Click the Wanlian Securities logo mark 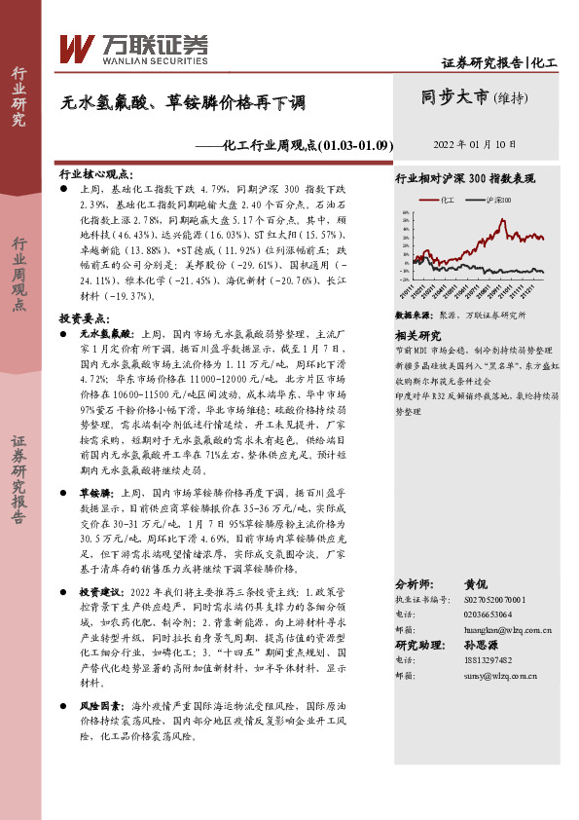click(x=76, y=48)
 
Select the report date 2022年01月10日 click(x=474, y=143)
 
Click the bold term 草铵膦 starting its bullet click(x=94, y=494)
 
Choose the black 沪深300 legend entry click(x=502, y=200)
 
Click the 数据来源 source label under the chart click(x=414, y=316)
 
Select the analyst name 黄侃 click(x=476, y=583)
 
